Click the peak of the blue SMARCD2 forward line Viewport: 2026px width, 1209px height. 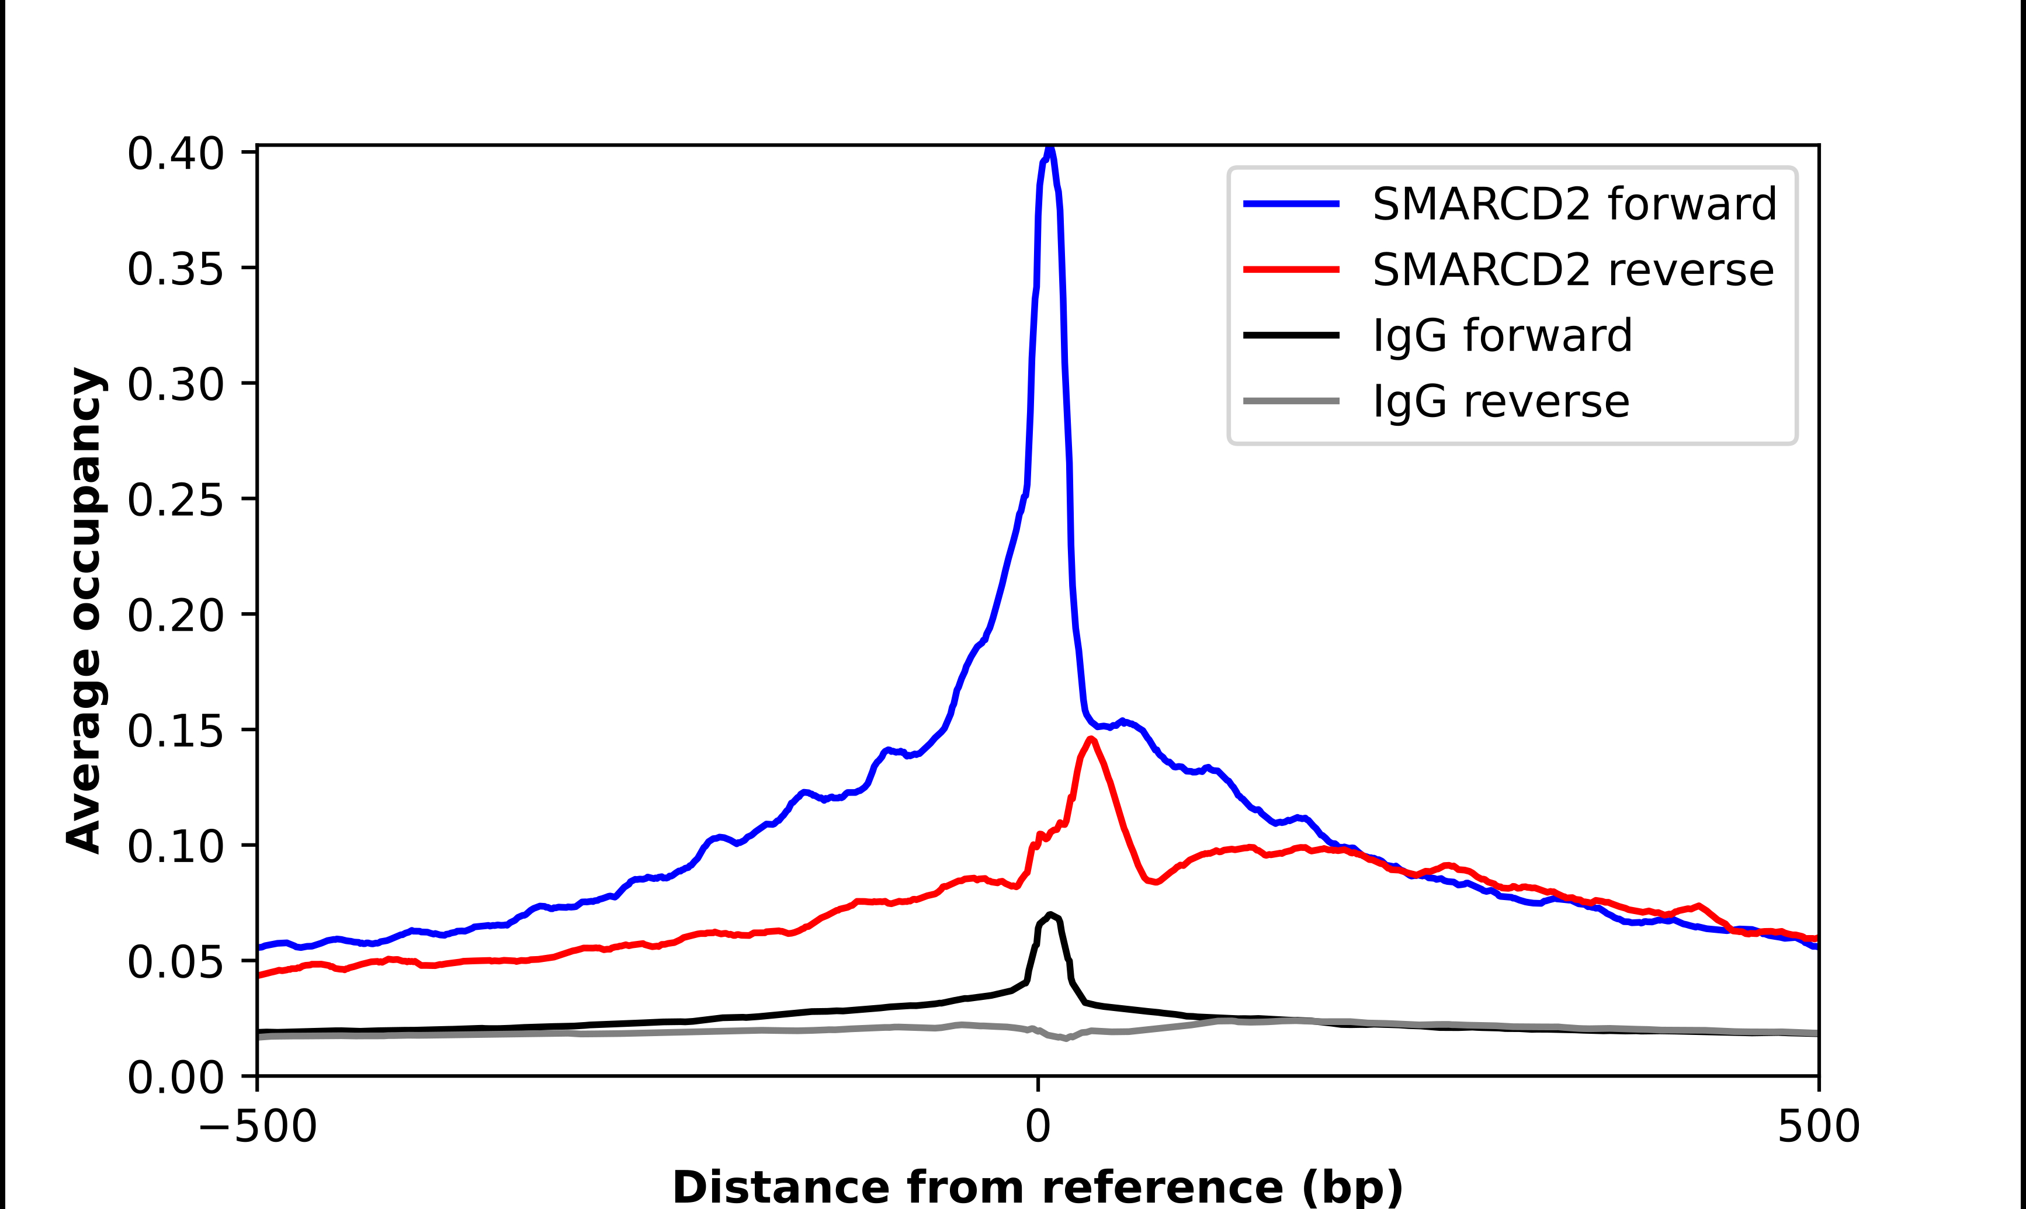click(x=1050, y=149)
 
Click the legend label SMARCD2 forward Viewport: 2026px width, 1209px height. click(x=1574, y=204)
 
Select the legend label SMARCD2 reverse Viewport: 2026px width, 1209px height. click(x=1572, y=270)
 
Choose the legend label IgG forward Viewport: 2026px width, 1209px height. click(x=1502, y=336)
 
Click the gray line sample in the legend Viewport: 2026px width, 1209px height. click(x=1291, y=401)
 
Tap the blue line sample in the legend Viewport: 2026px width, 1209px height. click(x=1291, y=204)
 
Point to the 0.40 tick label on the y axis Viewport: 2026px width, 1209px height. click(x=175, y=154)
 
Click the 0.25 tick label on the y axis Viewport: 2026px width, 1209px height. click(x=175, y=499)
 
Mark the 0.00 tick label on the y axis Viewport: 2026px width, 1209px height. click(x=175, y=1078)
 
